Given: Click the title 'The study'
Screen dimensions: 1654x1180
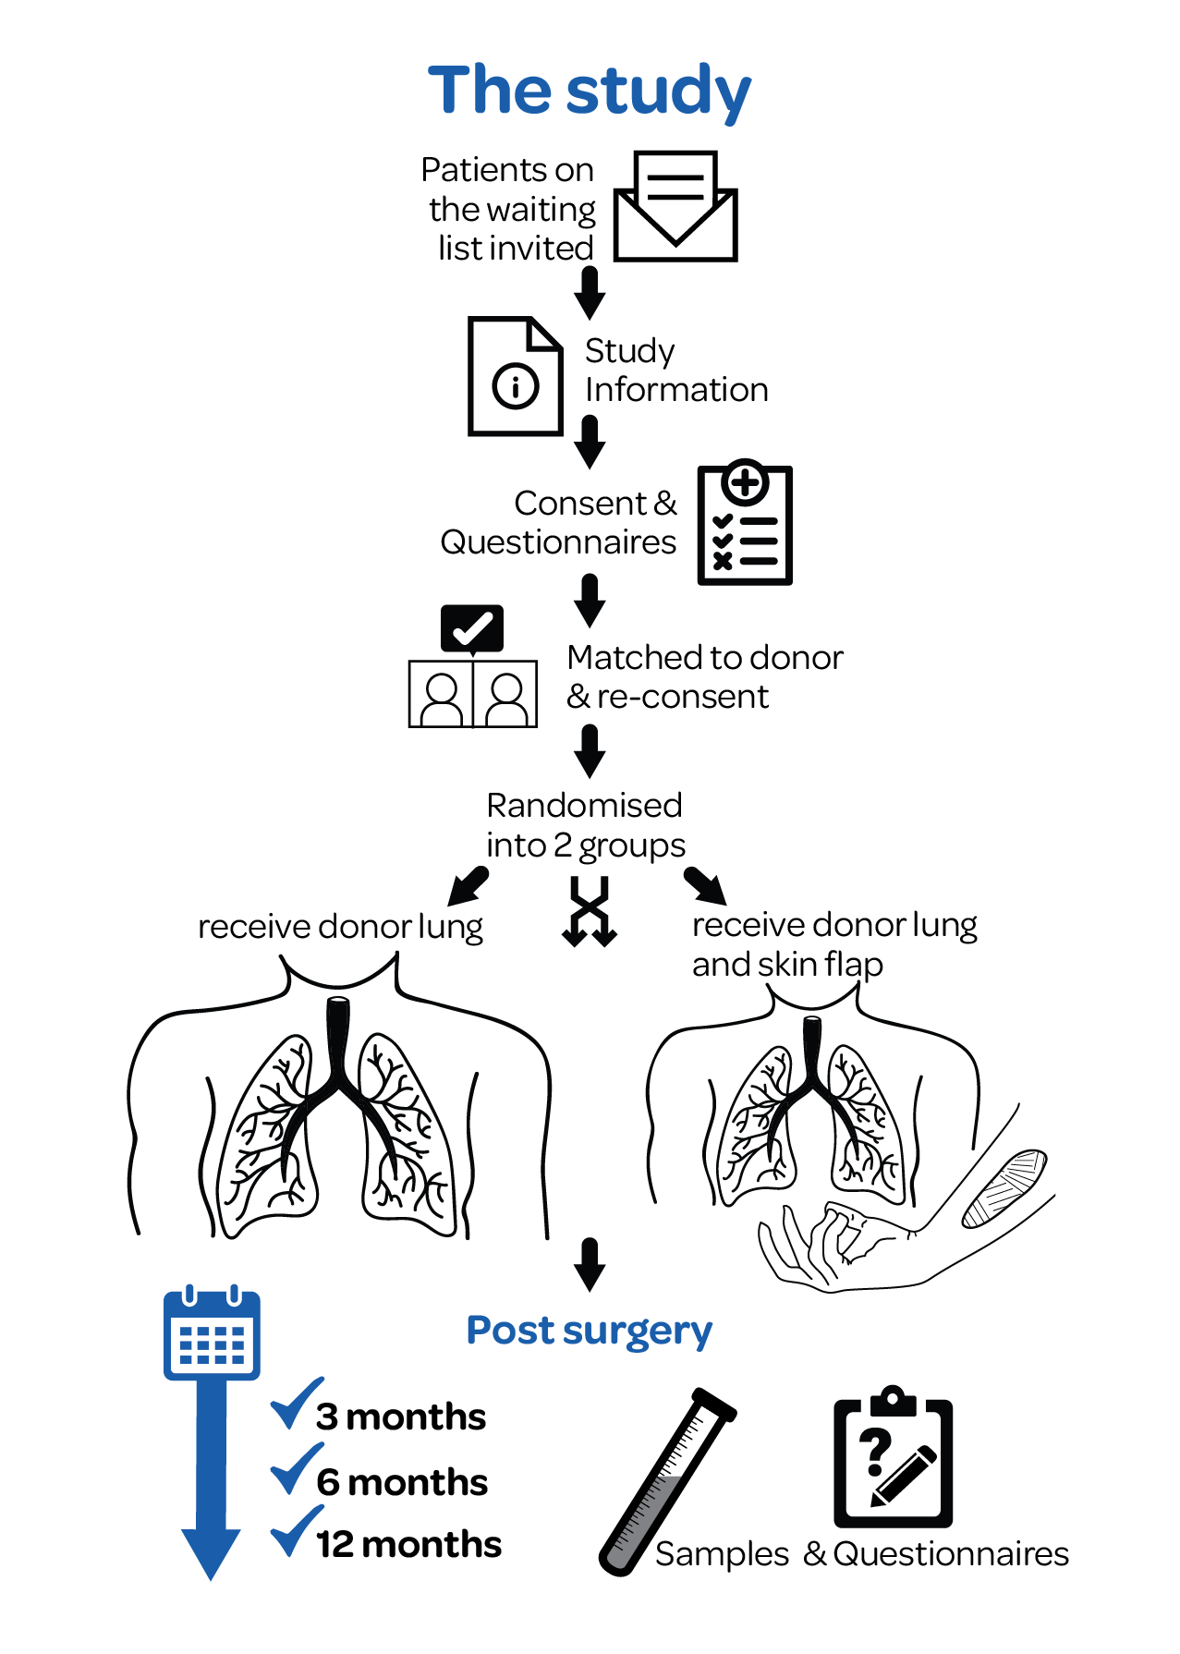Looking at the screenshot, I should pyautogui.click(x=590, y=91).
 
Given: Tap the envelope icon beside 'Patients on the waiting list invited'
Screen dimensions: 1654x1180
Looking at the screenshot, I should pyautogui.click(x=675, y=208).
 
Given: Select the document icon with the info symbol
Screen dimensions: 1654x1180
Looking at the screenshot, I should pyautogui.click(x=515, y=376).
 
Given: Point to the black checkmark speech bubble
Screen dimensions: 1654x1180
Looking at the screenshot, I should pyautogui.click(x=472, y=628).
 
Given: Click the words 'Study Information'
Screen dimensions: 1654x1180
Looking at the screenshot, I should pyautogui.click(x=675, y=370).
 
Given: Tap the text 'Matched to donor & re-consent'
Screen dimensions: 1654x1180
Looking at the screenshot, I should pyautogui.click(x=704, y=676).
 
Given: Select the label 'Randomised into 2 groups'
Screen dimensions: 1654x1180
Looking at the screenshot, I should pyautogui.click(x=585, y=825).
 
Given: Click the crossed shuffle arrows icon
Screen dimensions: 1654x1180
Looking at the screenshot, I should pyautogui.click(x=590, y=912).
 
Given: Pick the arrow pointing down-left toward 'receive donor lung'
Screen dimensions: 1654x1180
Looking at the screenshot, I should pyautogui.click(x=468, y=886).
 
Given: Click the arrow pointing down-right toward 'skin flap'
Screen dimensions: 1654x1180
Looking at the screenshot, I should pyautogui.click(x=706, y=886).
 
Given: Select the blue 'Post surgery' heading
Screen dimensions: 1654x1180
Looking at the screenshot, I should pyautogui.click(x=590, y=1331).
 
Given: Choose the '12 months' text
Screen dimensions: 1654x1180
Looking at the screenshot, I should pyautogui.click(x=408, y=1544).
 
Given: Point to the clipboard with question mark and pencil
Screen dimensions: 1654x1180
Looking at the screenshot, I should pyautogui.click(x=893, y=1456).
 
